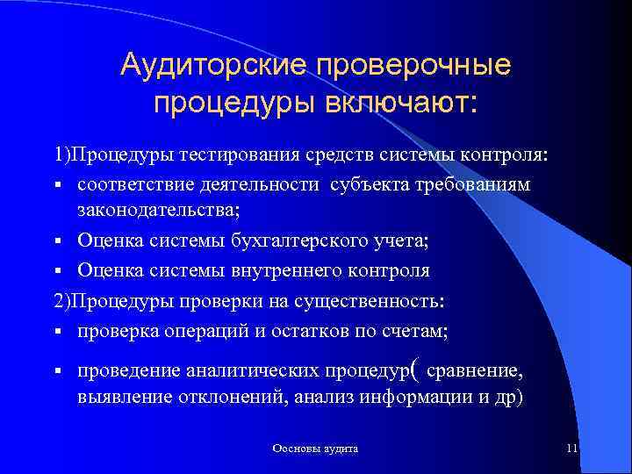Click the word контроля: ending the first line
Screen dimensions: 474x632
[518, 156]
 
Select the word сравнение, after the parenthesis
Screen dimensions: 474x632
[476, 371]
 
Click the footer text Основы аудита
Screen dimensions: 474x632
[315, 449]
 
